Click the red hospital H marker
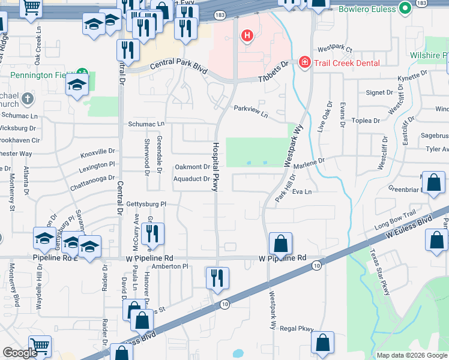click(247, 37)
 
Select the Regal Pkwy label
click(297, 329)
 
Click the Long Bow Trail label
click(395, 227)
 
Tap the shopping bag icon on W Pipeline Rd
click(280, 244)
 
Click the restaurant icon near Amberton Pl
click(214, 277)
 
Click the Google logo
click(20, 352)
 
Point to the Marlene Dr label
click(309, 162)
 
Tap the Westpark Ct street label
click(335, 47)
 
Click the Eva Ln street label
click(302, 192)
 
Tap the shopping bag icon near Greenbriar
click(433, 183)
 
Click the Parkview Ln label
click(251, 110)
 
